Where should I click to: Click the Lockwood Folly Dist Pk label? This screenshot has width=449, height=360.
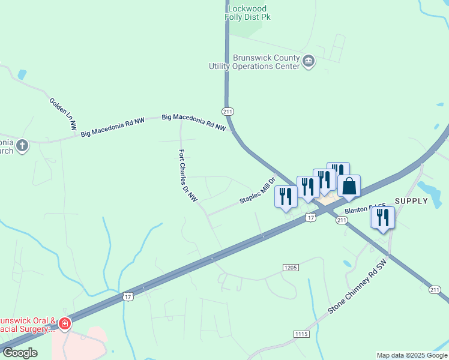(249, 13)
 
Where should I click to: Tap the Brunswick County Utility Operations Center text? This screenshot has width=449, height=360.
(254, 62)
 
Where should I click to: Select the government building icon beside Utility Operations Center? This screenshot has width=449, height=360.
(309, 60)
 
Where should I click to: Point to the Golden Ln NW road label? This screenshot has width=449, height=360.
(63, 114)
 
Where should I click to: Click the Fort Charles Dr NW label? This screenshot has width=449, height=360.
(187, 179)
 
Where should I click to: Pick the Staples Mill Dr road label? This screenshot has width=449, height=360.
(257, 191)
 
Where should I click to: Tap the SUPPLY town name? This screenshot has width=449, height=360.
(411, 201)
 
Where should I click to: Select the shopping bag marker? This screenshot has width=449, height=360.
(349, 187)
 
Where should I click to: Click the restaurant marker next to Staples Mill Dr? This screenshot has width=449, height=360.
(286, 196)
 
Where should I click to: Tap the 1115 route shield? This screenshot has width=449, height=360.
(301, 334)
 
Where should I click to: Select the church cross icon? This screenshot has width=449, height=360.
(22, 145)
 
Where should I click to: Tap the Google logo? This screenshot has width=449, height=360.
(20, 353)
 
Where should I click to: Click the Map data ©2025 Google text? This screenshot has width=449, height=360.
(412, 355)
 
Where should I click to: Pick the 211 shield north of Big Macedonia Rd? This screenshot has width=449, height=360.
(228, 112)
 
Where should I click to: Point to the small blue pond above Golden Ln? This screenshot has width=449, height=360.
(22, 75)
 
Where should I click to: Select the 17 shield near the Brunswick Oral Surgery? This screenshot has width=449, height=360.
(128, 296)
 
